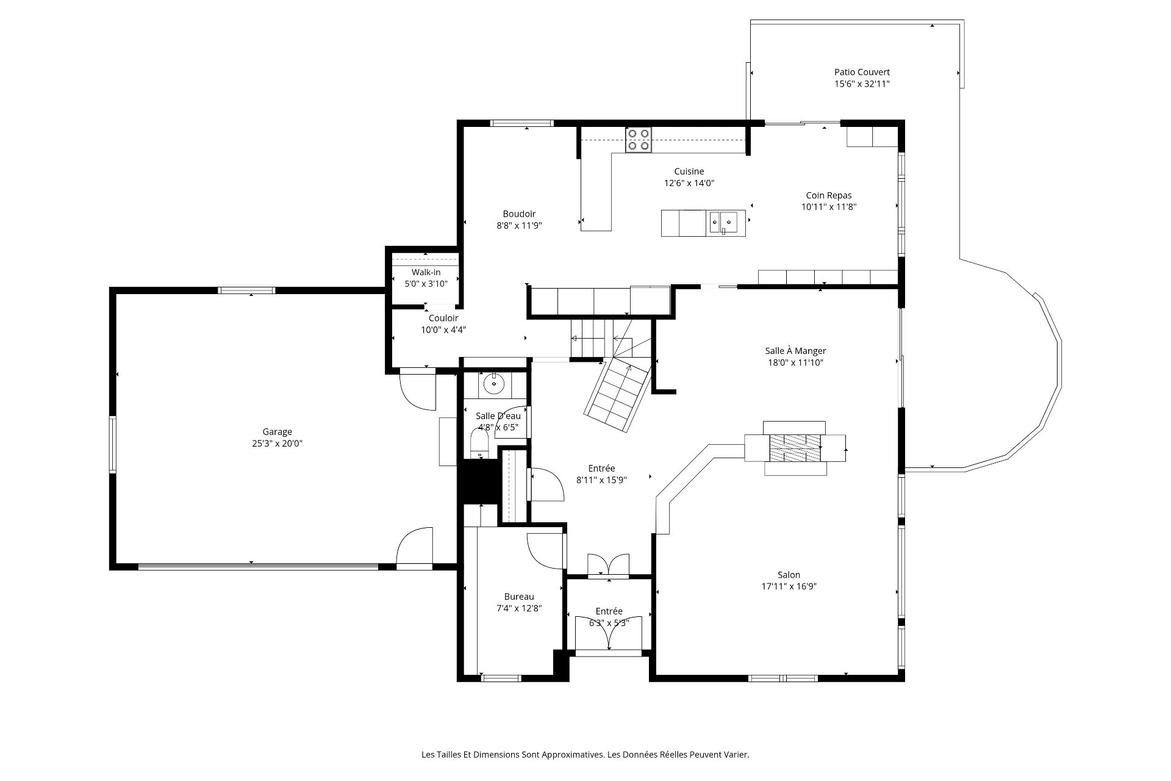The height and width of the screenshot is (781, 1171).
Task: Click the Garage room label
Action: [278, 432]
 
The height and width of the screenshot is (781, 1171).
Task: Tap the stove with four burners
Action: [639, 140]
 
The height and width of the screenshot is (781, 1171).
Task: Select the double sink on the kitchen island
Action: [723, 223]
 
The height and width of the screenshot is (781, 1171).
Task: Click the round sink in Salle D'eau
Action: [493, 384]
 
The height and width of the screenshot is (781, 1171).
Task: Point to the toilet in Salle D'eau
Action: [481, 443]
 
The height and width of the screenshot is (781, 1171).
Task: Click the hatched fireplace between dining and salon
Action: [795, 448]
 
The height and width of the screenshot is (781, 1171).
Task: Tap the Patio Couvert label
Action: [862, 72]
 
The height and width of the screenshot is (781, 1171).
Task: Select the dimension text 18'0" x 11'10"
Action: [795, 362]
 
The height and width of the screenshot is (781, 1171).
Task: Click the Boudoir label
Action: [519, 214]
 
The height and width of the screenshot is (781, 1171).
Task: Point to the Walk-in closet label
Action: [426, 272]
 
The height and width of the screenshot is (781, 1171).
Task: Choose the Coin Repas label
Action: [829, 195]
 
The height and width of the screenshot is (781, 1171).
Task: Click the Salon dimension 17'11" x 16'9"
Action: [789, 586]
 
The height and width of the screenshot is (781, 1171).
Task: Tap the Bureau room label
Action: [519, 597]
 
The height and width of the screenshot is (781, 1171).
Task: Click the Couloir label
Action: [443, 318]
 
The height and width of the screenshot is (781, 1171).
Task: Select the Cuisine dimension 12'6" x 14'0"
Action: [689, 182]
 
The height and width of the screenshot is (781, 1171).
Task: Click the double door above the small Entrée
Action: [608, 564]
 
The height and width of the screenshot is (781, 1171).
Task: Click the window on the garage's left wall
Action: [113, 444]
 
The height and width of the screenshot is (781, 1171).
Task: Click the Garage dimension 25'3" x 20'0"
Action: [278, 444]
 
